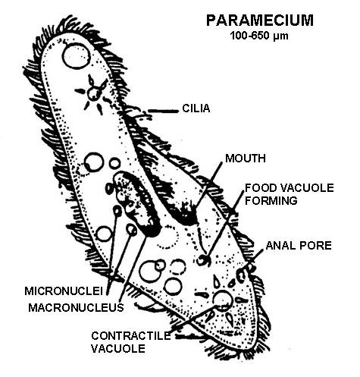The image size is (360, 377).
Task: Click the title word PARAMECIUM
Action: point(260,20)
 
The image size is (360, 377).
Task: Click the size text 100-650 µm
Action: point(259,36)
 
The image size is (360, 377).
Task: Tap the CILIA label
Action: point(196,108)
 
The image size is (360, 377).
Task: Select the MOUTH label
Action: point(246,159)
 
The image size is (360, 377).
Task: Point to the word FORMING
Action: point(271,200)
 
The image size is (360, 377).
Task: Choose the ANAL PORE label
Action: point(299,245)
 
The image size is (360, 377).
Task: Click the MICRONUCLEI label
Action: point(64,291)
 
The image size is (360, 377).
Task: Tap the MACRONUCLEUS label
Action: point(76,307)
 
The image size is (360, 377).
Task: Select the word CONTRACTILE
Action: point(131,336)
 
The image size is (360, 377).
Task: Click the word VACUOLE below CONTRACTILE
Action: point(118,349)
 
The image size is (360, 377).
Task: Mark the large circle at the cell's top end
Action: point(76,56)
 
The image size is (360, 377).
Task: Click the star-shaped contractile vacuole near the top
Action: point(94,94)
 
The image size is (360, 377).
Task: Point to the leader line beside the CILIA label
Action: point(163,111)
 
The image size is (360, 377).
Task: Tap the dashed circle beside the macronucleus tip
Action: point(167,237)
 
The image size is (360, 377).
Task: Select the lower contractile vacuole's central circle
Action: point(223,299)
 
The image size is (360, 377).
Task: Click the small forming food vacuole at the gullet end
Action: point(204,260)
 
